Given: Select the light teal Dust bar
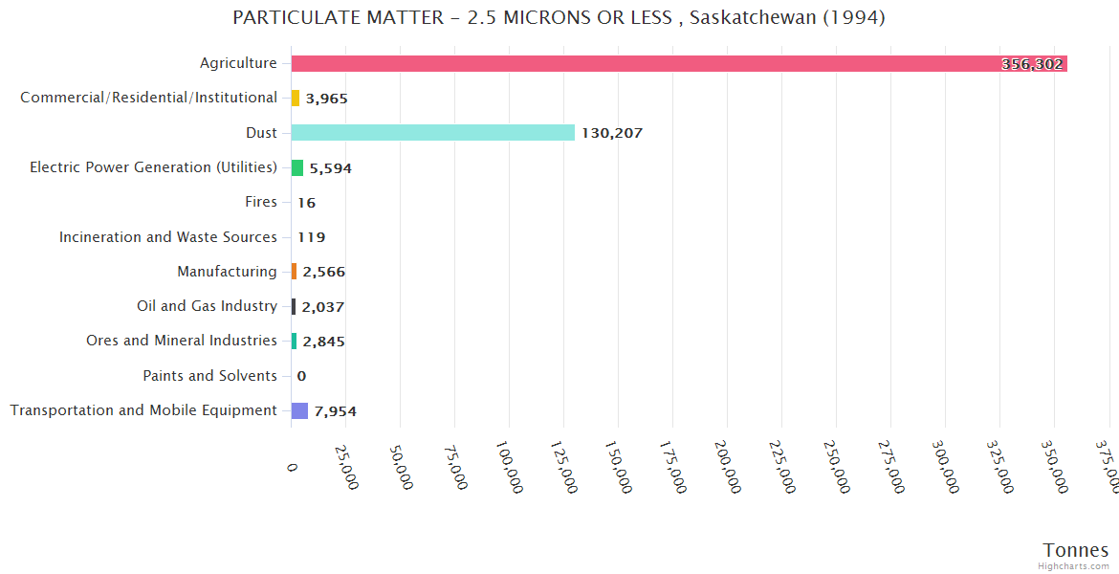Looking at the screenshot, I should coord(432,132).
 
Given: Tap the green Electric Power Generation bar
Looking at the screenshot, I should coord(297,167).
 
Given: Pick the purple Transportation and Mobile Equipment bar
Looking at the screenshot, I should coord(299,410).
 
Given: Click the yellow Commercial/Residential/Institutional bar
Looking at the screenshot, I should coord(296,98).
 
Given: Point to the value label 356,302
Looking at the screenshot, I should coord(1032,64).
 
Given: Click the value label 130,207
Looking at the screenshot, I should coord(612,133).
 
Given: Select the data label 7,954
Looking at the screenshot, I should coord(335,411).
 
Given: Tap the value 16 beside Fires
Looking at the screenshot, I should coord(306,203).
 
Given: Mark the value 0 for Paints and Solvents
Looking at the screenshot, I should coord(301,376).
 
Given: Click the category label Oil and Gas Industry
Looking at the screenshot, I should coord(207,306).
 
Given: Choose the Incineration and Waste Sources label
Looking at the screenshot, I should coord(168,236).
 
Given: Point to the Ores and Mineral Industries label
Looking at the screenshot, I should coord(182,341).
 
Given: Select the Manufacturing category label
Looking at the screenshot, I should coord(227,272).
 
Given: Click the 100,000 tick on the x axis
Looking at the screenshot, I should coord(510,467).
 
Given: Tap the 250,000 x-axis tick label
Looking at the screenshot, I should coord(837,467).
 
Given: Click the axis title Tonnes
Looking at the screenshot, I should coord(1076,550).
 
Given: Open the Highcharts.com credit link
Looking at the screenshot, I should coord(1074,566).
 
